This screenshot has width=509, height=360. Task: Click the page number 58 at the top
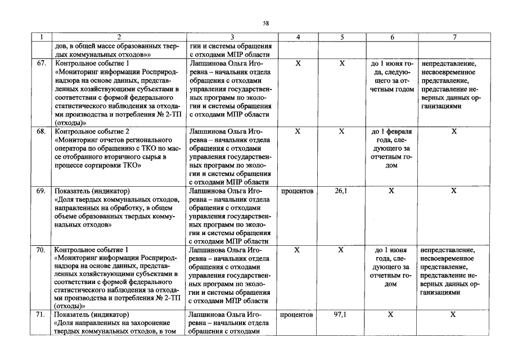coord(266,23)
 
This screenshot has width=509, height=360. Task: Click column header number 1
coord(41,37)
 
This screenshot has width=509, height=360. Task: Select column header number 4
coord(298,37)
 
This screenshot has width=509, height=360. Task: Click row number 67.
coord(41,64)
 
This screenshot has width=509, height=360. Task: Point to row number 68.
coord(41,131)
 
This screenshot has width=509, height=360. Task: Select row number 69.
coord(41,191)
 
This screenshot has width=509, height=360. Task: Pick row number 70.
coord(41,250)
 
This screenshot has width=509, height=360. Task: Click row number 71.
coord(41,315)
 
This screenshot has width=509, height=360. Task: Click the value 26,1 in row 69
coord(341,191)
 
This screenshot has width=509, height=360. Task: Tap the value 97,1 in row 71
coord(340,315)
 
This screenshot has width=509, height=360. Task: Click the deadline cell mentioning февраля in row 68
coord(391,131)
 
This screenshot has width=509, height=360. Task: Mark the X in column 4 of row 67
coord(298,64)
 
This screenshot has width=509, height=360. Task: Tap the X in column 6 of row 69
coord(391,191)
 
